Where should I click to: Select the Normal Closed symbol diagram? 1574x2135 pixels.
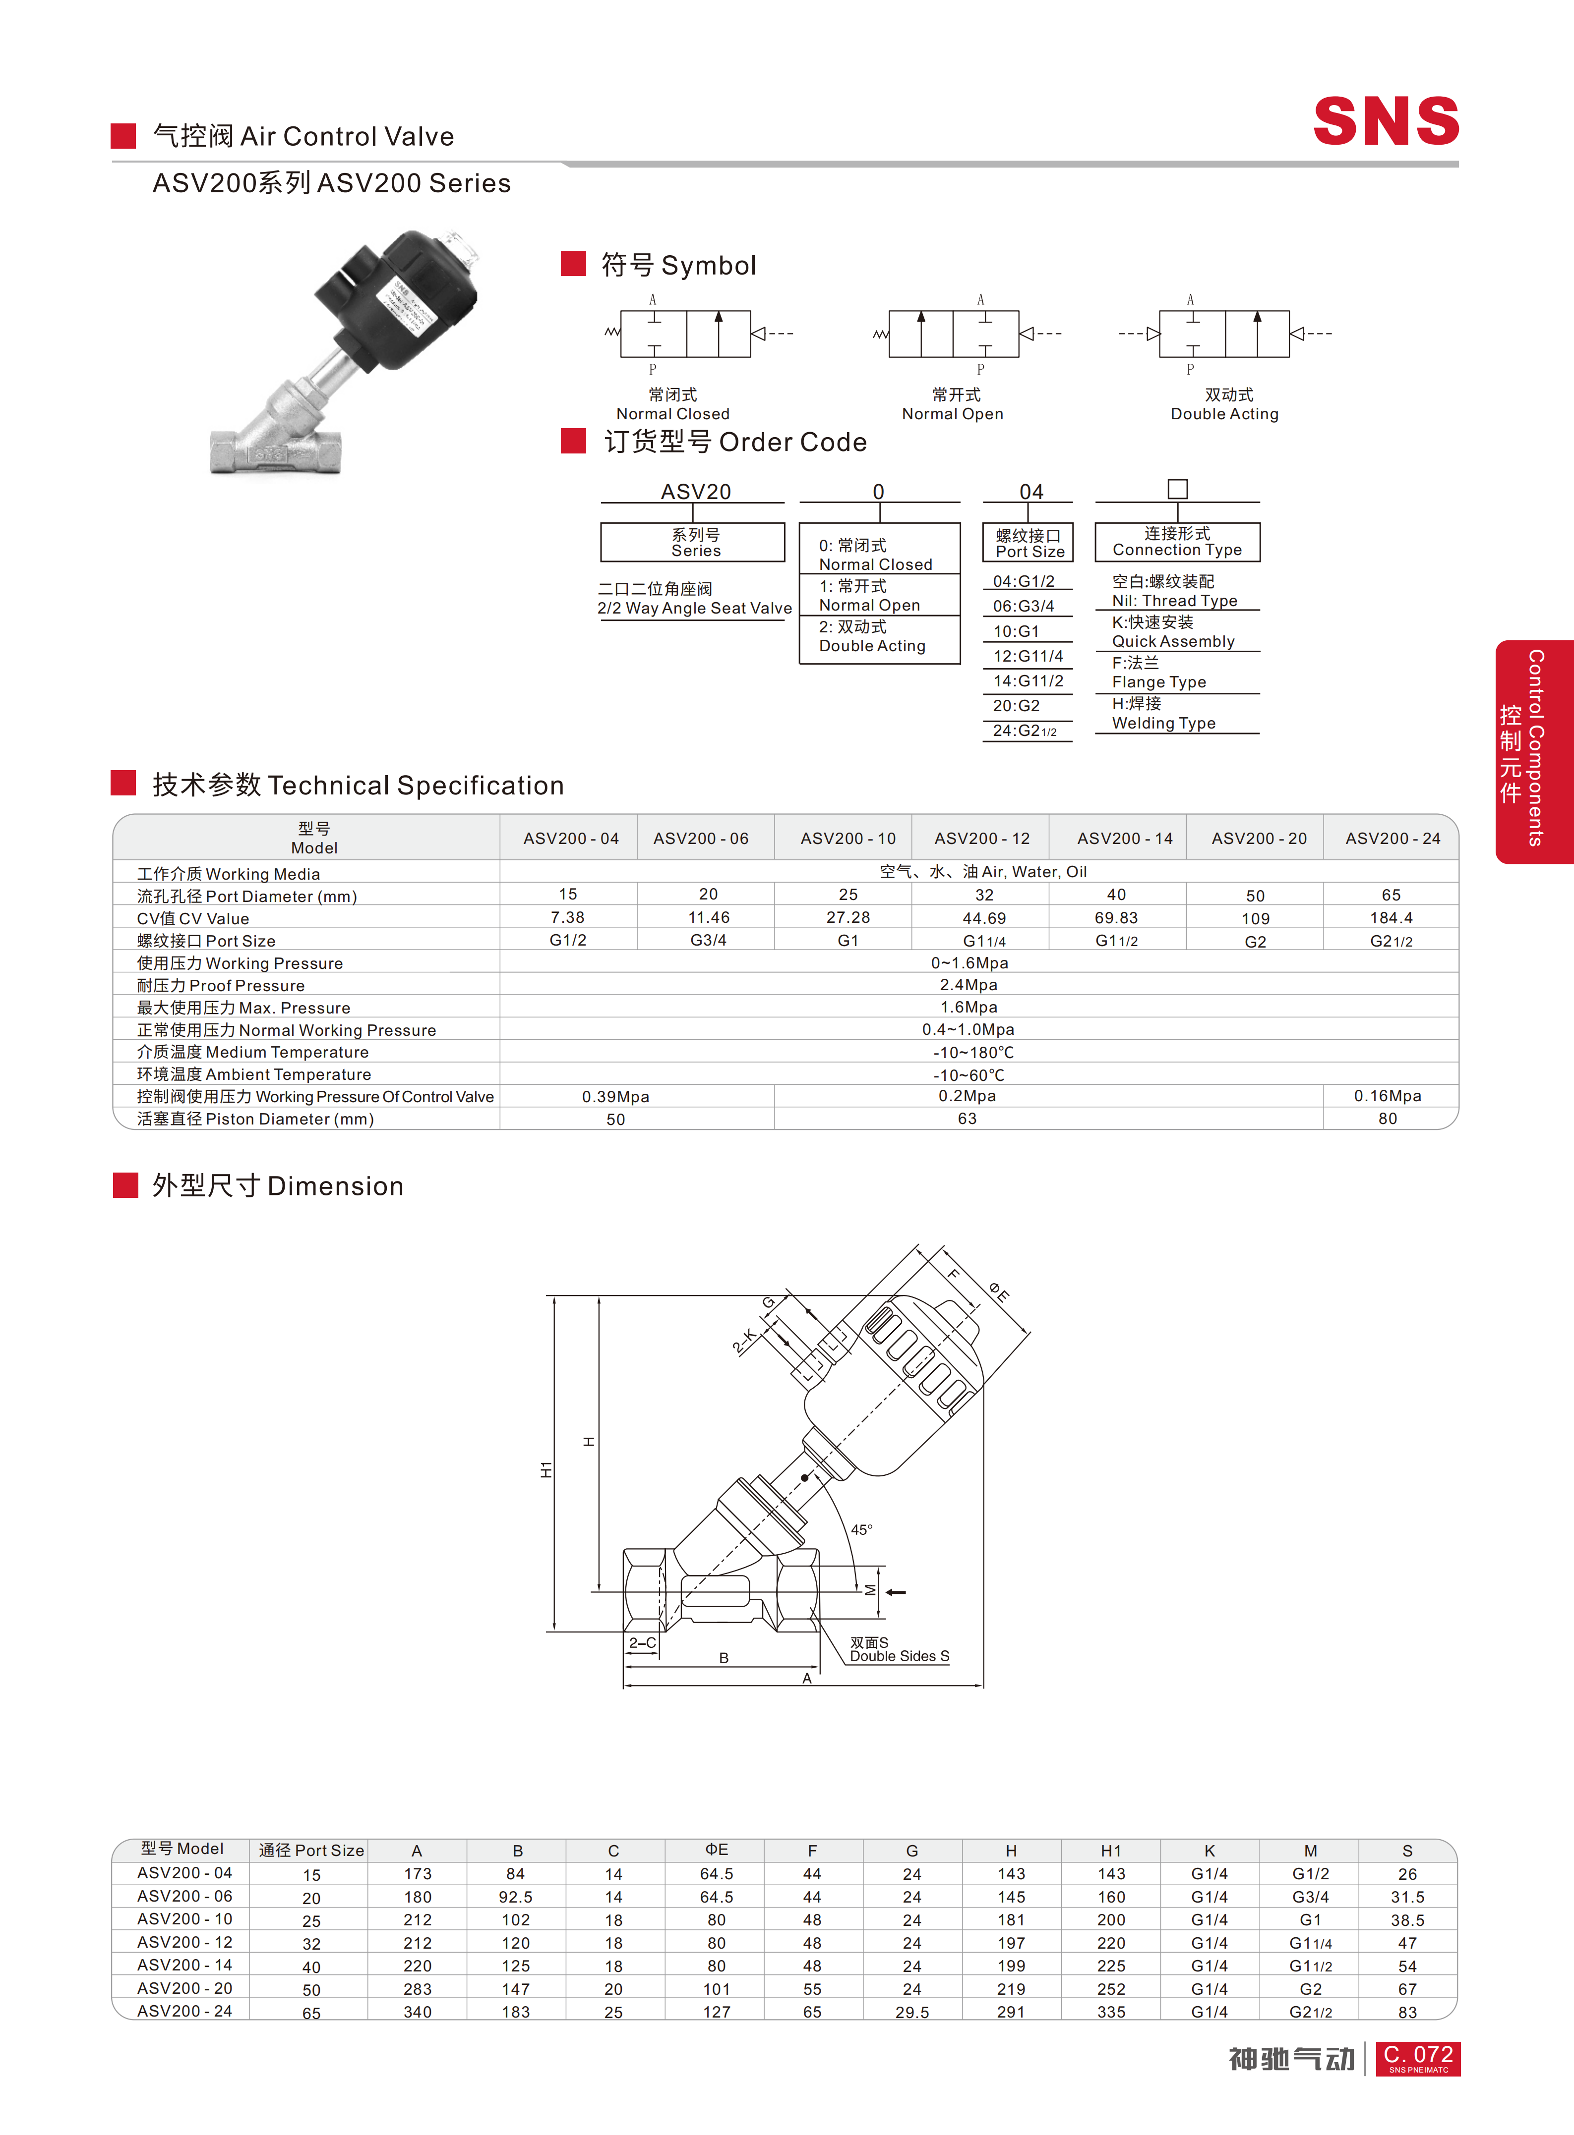(x=698, y=334)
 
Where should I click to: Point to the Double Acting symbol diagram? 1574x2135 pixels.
(x=1224, y=334)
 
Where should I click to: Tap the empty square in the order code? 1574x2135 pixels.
(x=1178, y=489)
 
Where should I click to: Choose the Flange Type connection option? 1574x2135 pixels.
(x=1158, y=673)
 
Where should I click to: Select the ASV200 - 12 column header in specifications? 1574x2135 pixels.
(x=981, y=838)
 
